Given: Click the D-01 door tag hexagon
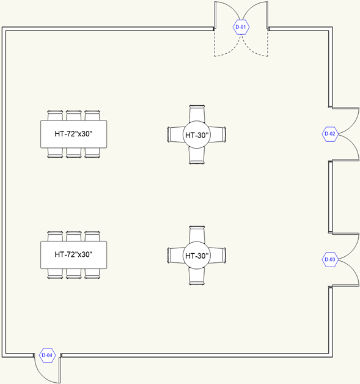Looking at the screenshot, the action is [241, 27].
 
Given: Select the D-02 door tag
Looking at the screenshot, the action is [330, 134].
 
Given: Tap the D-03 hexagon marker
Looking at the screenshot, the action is [330, 259].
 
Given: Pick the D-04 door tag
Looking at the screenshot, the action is [47, 355].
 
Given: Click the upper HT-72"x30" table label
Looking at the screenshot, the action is [73, 134].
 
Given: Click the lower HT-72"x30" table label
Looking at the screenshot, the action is [73, 255].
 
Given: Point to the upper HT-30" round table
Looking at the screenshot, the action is [197, 135].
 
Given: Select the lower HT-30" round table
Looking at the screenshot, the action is [197, 256].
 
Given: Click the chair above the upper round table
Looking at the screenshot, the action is [197, 114].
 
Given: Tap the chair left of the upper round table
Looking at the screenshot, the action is [175, 135].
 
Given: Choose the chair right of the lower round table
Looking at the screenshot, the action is [218, 255].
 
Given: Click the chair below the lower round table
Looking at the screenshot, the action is [197, 276].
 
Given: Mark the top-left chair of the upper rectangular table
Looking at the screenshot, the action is [55, 116].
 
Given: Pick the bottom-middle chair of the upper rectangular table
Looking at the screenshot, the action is [74, 153].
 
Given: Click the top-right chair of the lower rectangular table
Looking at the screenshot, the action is [92, 236].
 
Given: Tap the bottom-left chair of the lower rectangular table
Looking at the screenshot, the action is [55, 273].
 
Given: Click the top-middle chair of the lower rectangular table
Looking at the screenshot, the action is [74, 236].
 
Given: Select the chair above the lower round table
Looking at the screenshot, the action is [197, 234].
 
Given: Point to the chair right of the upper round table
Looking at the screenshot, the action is [218, 135].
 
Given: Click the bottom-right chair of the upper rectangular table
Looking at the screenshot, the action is [92, 153].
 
